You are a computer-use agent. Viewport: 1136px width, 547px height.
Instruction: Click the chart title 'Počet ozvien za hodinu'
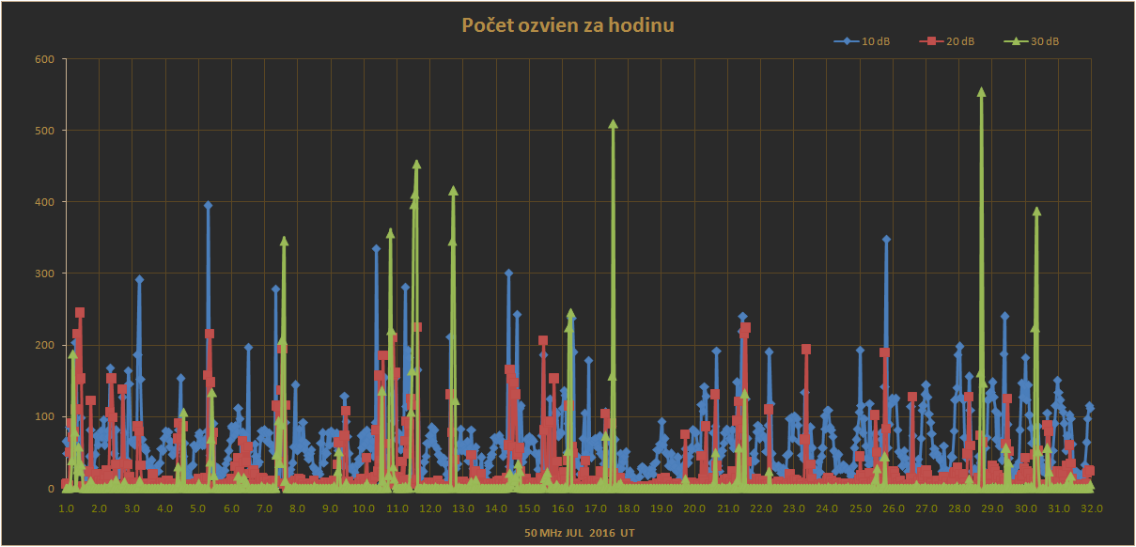click(x=568, y=25)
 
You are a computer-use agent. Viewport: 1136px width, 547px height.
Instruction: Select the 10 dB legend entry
click(x=869, y=41)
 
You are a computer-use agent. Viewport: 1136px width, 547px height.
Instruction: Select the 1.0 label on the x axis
click(x=67, y=508)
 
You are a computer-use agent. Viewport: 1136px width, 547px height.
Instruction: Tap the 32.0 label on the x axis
click(x=1091, y=508)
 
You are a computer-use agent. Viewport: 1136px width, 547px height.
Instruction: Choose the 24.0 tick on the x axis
click(x=827, y=508)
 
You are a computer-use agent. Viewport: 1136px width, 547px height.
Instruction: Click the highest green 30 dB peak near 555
click(x=981, y=92)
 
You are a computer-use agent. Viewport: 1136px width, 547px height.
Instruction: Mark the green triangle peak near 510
click(x=613, y=124)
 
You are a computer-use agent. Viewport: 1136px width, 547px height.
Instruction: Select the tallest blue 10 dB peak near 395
click(x=208, y=205)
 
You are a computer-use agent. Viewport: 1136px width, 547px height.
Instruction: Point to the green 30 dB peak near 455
click(x=416, y=164)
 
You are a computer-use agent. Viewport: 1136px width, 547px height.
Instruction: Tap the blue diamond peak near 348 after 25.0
click(x=886, y=240)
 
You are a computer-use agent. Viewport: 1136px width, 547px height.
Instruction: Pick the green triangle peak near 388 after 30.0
click(x=1036, y=211)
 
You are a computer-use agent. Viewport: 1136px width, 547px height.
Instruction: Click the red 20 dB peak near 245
click(x=80, y=312)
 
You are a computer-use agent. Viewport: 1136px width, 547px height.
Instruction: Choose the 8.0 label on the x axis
click(x=298, y=508)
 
